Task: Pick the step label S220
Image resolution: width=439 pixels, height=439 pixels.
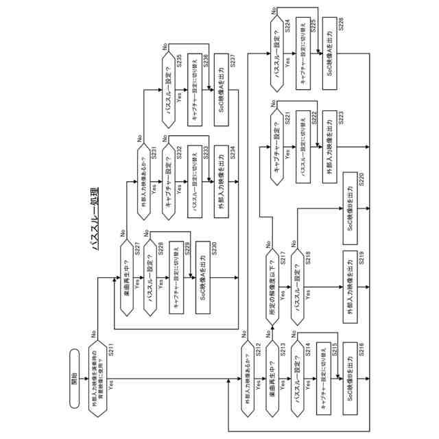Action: click(361, 180)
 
